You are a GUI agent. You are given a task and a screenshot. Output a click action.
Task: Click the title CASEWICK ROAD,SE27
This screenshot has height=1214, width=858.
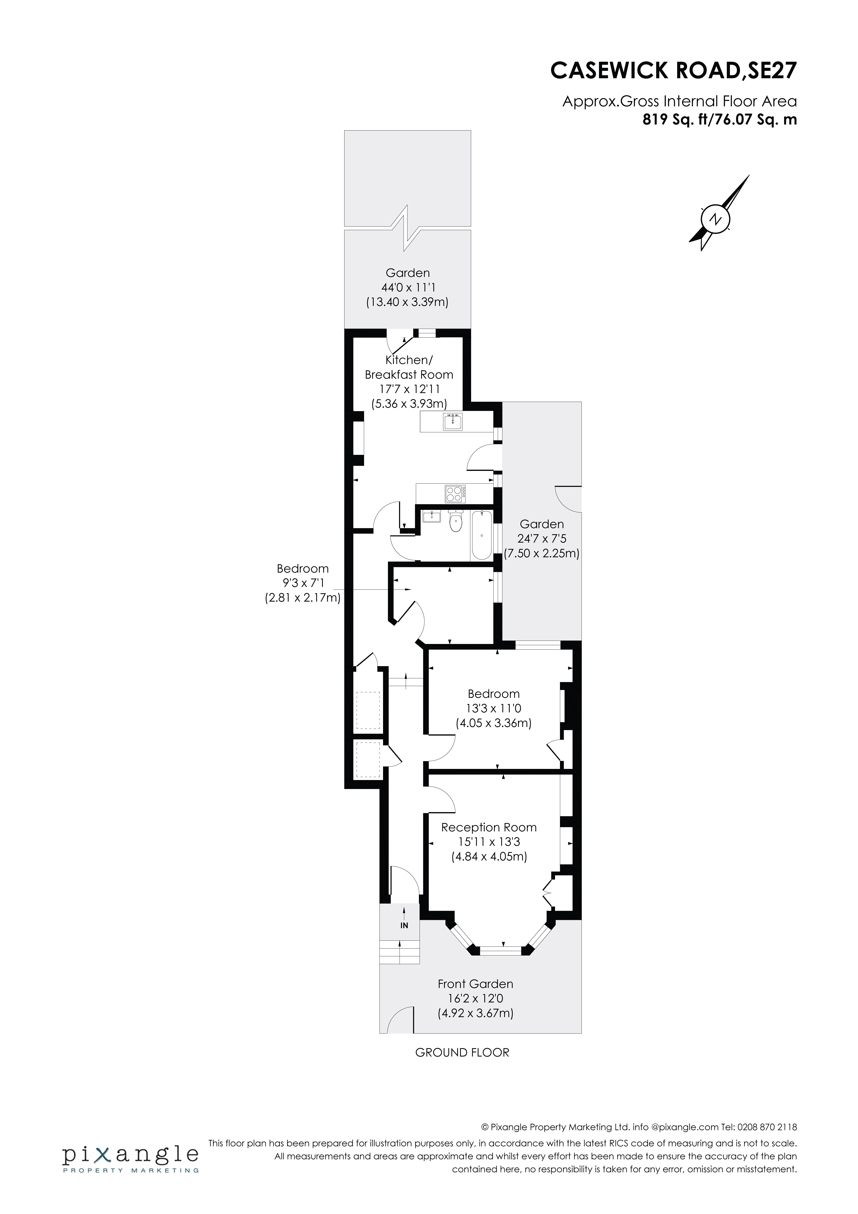673,70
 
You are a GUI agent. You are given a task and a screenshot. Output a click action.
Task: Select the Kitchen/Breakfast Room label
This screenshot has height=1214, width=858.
409,367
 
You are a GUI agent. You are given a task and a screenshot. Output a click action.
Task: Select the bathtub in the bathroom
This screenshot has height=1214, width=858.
481,535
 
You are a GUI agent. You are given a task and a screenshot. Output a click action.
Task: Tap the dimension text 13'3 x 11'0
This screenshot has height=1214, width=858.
493,708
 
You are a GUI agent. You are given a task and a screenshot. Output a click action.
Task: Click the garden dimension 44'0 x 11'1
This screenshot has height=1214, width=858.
408,288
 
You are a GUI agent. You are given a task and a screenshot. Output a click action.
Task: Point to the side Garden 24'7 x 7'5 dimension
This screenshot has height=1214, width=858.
542,539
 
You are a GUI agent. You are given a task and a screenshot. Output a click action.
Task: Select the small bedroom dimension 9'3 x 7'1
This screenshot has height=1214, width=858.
303,583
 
